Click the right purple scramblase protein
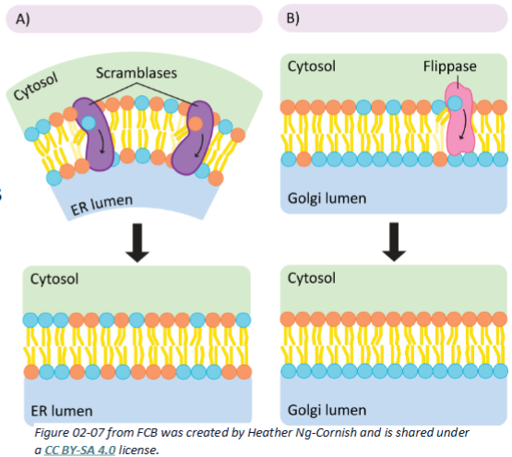click(x=196, y=138)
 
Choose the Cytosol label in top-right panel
click(x=313, y=66)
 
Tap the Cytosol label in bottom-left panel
click(x=56, y=278)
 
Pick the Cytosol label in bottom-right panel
click(x=313, y=278)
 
